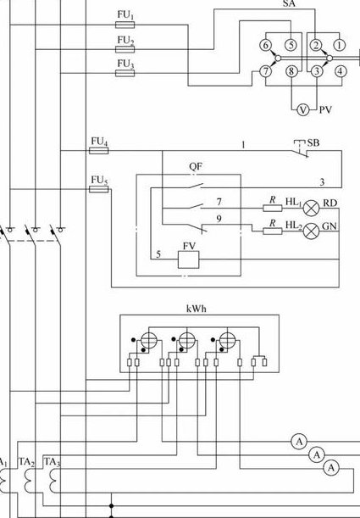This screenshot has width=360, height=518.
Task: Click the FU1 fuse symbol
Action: point(125,25)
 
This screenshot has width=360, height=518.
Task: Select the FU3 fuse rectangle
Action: point(125,73)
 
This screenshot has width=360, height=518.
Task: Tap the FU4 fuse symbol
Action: point(98,151)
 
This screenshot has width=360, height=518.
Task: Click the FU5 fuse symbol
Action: point(98,189)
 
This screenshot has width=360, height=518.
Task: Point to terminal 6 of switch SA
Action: point(266,45)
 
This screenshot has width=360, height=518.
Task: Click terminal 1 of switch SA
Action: point(340,45)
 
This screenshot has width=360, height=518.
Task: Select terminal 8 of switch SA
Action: point(291,71)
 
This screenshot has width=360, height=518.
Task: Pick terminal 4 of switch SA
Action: point(341,71)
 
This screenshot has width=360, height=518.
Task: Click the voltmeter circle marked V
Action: point(303,109)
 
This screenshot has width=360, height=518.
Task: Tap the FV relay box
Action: point(188,259)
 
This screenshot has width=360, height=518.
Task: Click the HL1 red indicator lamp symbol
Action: point(311,208)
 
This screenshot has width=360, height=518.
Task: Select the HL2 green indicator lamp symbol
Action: point(311,231)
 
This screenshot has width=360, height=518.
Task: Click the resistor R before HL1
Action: point(273,208)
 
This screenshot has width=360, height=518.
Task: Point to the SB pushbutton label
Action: point(313,143)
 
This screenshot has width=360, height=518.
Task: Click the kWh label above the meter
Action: point(197,309)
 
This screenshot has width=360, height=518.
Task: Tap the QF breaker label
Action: point(196,166)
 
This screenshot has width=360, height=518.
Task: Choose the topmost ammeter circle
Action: point(299,442)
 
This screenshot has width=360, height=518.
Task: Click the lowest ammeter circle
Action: point(331,468)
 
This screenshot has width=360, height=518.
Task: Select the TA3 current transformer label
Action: point(53,462)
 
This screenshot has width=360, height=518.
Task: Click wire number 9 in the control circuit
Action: point(219,219)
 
